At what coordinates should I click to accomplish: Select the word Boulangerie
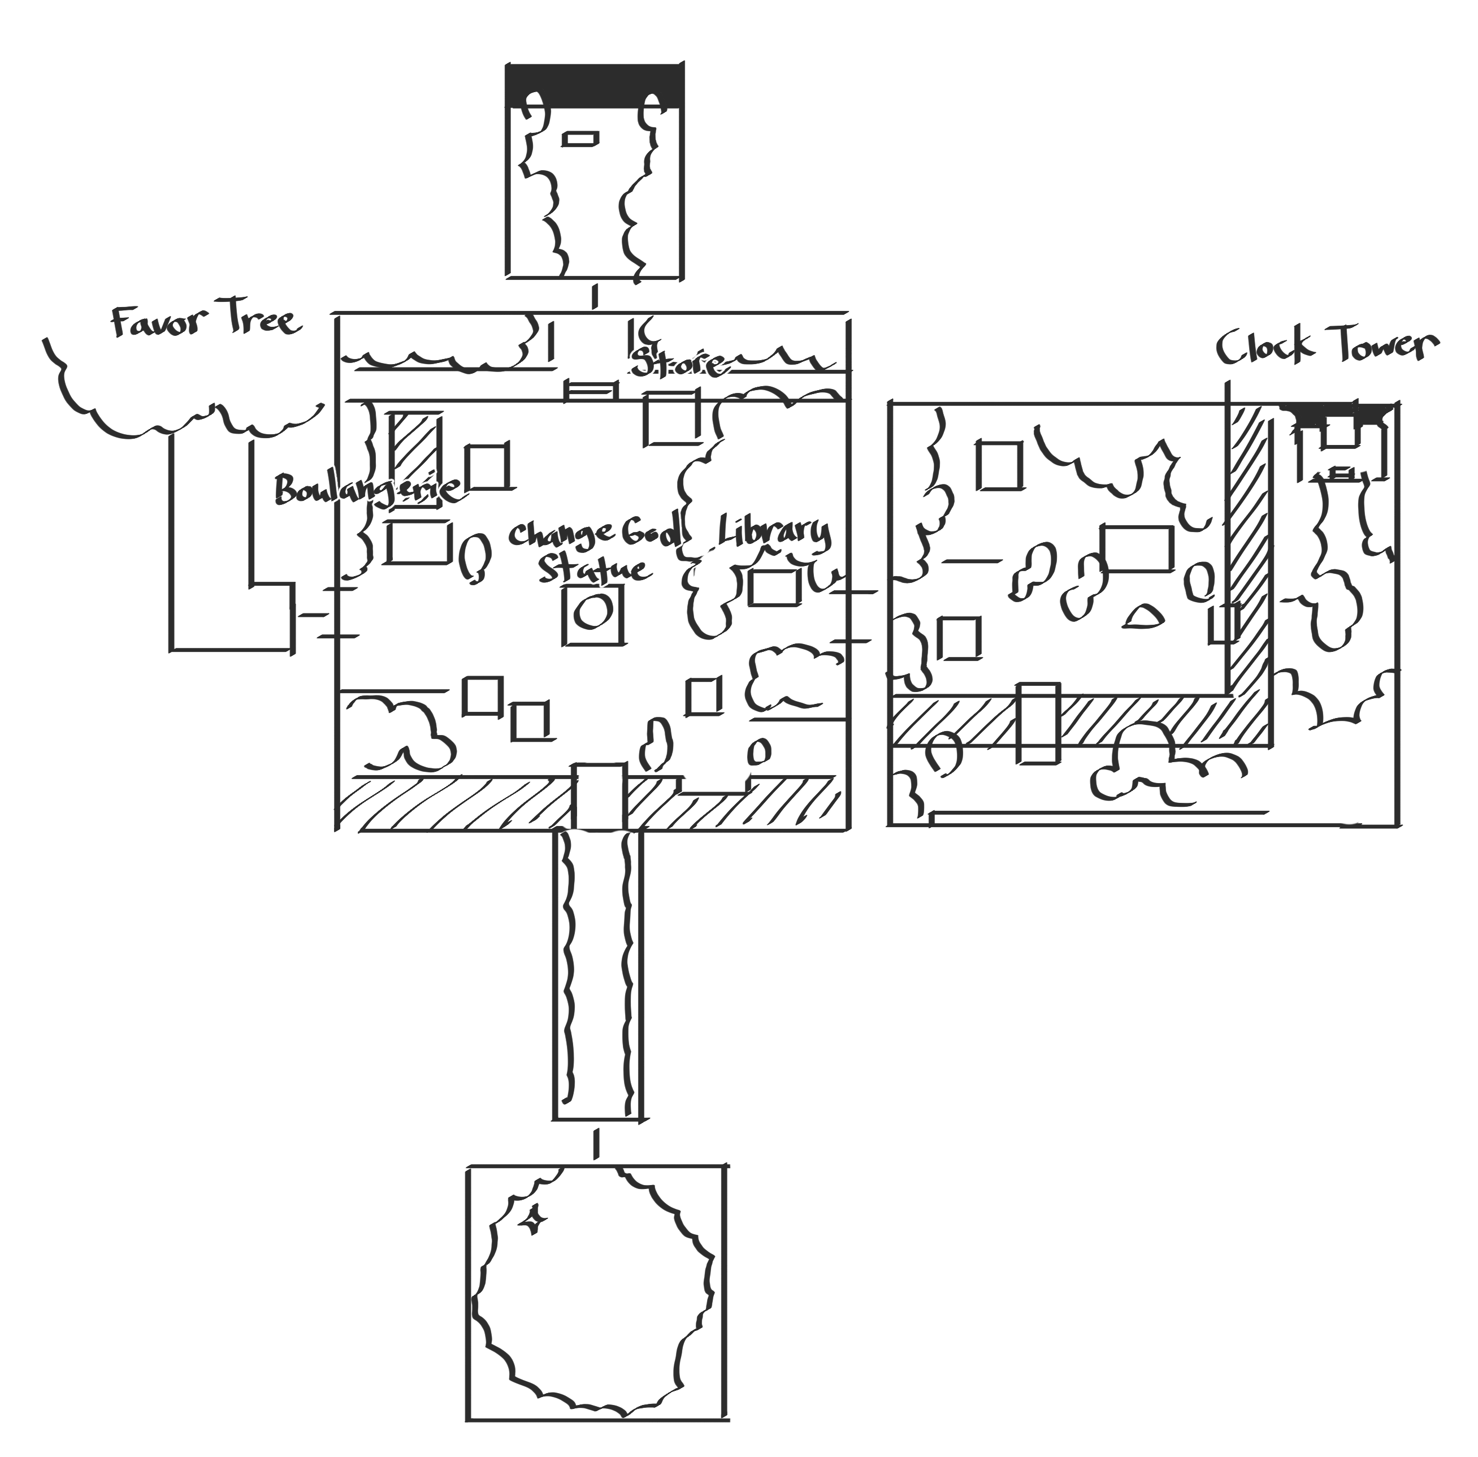point(367,489)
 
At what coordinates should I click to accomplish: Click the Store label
point(677,364)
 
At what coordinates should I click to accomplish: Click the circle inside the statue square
point(593,612)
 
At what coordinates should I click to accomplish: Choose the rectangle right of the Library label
point(775,587)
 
